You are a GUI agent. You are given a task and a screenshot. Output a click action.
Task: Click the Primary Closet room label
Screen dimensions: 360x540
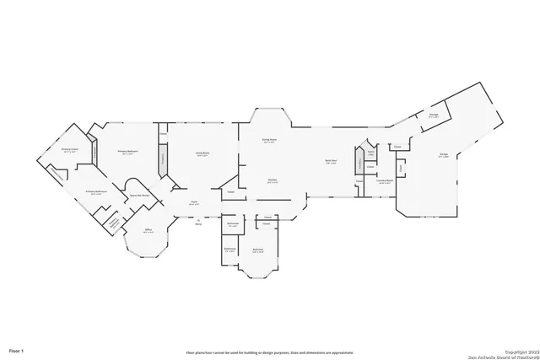(x=68, y=151)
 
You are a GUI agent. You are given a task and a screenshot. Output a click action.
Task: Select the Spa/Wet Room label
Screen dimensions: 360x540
(x=139, y=196)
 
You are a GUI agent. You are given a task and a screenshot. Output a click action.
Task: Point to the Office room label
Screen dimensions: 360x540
(x=148, y=231)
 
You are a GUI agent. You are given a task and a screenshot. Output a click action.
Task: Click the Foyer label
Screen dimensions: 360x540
(x=193, y=202)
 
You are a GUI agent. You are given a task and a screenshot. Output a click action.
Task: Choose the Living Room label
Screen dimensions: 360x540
(x=202, y=154)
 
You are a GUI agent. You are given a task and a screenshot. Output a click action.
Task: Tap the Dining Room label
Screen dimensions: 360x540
(x=270, y=141)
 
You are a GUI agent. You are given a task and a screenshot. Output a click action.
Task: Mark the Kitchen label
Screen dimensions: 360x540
(x=273, y=180)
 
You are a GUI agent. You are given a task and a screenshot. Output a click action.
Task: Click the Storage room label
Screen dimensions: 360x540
(x=433, y=116)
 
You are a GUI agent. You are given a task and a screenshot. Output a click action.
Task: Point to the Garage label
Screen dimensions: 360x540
(x=443, y=155)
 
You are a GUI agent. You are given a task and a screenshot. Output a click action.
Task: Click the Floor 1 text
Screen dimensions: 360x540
(x=16, y=349)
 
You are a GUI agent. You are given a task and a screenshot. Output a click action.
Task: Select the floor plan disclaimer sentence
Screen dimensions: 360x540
(x=270, y=352)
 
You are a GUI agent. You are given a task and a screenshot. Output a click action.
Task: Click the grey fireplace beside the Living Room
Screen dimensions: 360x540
(x=162, y=158)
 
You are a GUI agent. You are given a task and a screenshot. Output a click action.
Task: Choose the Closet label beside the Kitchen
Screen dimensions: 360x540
(x=229, y=192)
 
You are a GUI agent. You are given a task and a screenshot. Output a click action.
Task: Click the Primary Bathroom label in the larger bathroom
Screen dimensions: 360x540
(x=95, y=192)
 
